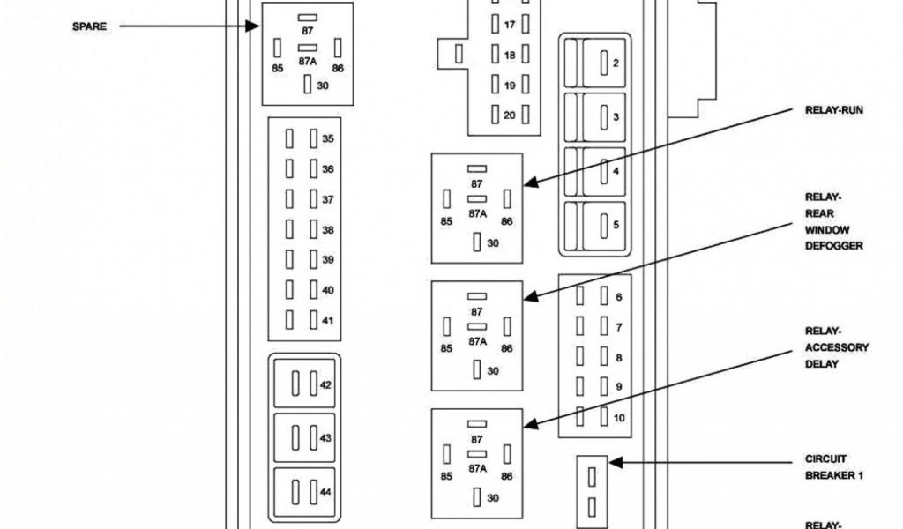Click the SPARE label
(x=89, y=26)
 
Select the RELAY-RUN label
(x=833, y=111)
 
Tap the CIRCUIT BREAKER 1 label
(x=833, y=467)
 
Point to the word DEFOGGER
(x=833, y=246)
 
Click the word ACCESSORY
(x=837, y=348)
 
